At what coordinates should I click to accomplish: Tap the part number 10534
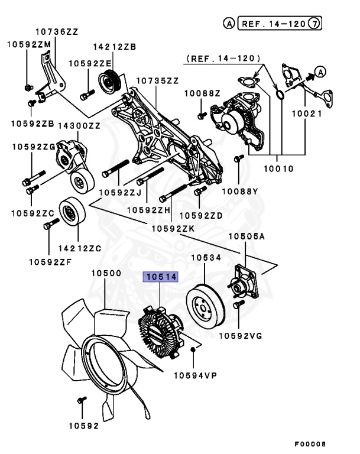(x=205, y=258)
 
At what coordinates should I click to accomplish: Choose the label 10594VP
(x=196, y=375)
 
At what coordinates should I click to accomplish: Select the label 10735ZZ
(x=157, y=80)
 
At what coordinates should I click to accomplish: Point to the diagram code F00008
(x=310, y=443)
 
